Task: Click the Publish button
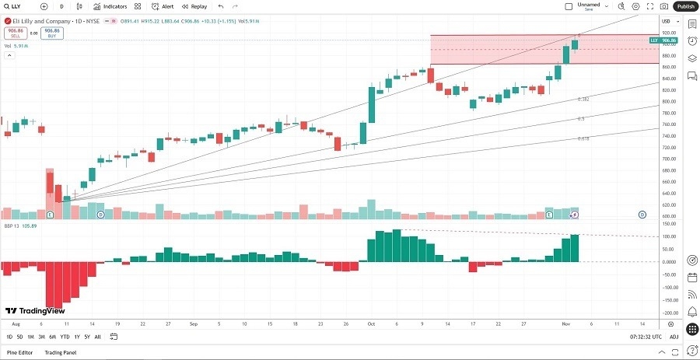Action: coord(685,6)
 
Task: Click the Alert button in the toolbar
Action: coord(163,6)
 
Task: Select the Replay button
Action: coord(195,6)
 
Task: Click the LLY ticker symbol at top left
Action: coord(16,6)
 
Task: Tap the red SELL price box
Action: coord(16,33)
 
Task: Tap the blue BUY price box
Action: coord(51,33)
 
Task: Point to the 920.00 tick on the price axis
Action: coord(667,33)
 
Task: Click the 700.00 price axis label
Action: coord(667,159)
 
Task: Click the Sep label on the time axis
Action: coord(193,323)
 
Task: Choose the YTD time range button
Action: coord(65,337)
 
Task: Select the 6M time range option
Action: coord(52,337)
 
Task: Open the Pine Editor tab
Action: coord(20,352)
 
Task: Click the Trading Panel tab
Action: coord(60,352)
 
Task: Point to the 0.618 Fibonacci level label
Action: coord(583,138)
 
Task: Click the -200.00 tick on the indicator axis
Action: coord(667,313)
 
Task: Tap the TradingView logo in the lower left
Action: coord(34,308)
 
